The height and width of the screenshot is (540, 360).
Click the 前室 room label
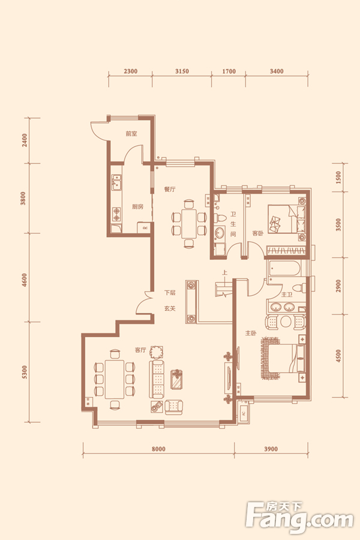[x=131, y=134]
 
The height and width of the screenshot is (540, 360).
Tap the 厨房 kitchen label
[x=137, y=206]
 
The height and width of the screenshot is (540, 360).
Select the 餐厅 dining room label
[x=170, y=189]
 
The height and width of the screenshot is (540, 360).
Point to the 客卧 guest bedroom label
[x=257, y=233]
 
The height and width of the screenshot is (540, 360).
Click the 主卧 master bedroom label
[x=251, y=333]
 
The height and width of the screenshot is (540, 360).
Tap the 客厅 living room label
[x=140, y=350]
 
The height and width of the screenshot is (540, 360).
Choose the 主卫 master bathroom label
[x=287, y=295]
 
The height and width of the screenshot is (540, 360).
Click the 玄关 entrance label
[x=170, y=308]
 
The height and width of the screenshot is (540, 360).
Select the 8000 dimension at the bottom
[x=158, y=449]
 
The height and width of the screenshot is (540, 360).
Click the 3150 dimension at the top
[x=182, y=71]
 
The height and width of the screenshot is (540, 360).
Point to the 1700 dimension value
[x=229, y=71]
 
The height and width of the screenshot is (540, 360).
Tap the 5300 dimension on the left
[x=24, y=372]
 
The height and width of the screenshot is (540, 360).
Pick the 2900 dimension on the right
[x=338, y=286]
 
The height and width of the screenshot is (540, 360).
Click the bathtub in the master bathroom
[x=286, y=269]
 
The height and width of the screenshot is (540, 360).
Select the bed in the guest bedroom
[x=287, y=220]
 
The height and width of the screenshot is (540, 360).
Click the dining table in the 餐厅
[x=188, y=223]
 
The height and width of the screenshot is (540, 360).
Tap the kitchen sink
[x=116, y=182]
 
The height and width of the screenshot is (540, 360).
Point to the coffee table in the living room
[x=177, y=380]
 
